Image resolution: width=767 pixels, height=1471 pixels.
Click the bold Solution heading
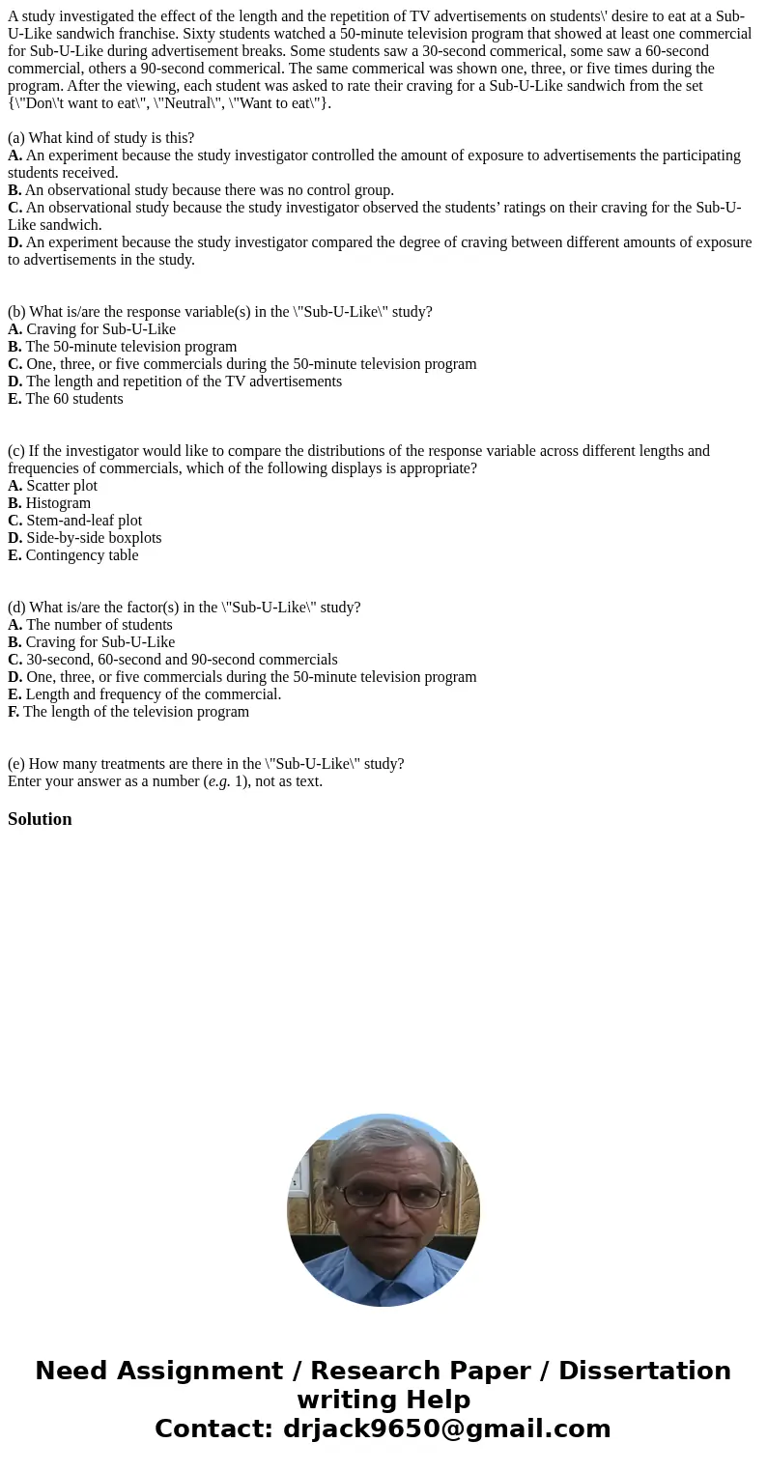pyautogui.click(x=40, y=819)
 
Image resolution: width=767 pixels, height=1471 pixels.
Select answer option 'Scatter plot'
pyautogui.click(x=61, y=486)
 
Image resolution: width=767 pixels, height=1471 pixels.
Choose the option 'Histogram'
pyautogui.click(x=58, y=503)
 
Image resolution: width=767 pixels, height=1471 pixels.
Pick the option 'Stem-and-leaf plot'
pyautogui.click(x=83, y=521)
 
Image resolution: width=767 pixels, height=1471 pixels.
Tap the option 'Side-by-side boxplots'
pyautogui.click(x=94, y=538)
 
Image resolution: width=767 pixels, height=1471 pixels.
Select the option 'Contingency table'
pyautogui.click(x=82, y=555)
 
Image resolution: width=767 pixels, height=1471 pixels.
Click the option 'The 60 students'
pyautogui.click(x=74, y=399)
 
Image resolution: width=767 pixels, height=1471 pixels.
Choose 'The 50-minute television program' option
pyautogui.click(x=130, y=347)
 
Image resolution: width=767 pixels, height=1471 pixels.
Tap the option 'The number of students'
pyautogui.click(x=99, y=625)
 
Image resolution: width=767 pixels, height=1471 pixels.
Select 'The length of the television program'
pyautogui.click(x=135, y=712)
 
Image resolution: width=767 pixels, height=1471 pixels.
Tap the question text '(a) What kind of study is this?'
pyautogui.click(x=101, y=138)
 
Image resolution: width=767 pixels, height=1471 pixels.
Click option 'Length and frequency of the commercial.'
pyautogui.click(x=153, y=694)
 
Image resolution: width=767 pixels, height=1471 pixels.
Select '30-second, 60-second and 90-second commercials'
pyautogui.click(x=182, y=660)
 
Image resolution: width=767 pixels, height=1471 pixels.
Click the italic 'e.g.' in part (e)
pyautogui.click(x=218, y=781)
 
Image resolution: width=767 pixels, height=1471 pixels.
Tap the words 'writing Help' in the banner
pyautogui.click(x=383, y=1400)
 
